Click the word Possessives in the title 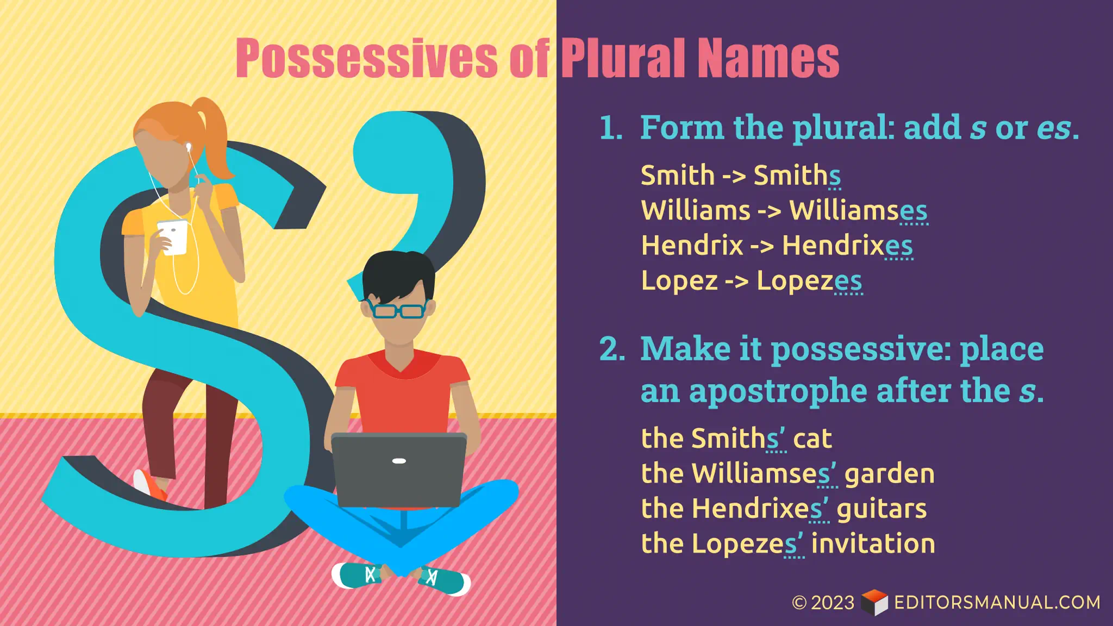tap(366, 58)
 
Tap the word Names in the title tap(768, 58)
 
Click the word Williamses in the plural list tap(858, 210)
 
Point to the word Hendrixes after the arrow tap(847, 246)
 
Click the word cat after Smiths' tap(812, 439)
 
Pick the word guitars tap(881, 509)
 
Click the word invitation tap(873, 543)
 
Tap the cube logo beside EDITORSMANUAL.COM tap(874, 602)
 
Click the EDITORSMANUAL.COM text tap(997, 603)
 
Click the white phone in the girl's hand tap(173, 237)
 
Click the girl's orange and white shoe tap(149, 485)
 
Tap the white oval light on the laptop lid tap(399, 461)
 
